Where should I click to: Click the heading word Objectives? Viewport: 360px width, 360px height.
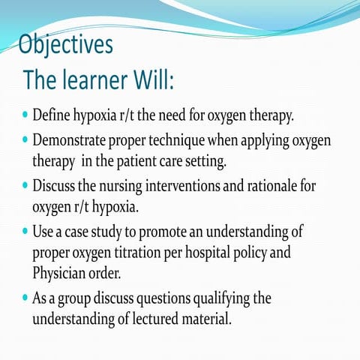point(66,44)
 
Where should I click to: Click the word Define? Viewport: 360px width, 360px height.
point(55,117)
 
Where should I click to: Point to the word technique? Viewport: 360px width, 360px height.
point(184,141)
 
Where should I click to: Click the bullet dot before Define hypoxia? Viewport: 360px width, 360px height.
point(26,117)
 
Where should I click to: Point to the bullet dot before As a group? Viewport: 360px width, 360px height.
point(26,298)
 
